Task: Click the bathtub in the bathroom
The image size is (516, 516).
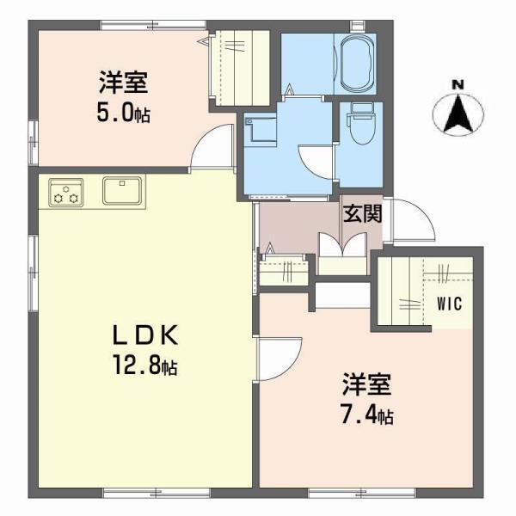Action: click(x=355, y=64)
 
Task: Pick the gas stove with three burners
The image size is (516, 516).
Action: click(x=66, y=192)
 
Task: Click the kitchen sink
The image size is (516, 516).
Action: click(x=122, y=190)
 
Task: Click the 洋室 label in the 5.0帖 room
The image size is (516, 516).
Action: click(x=123, y=83)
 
